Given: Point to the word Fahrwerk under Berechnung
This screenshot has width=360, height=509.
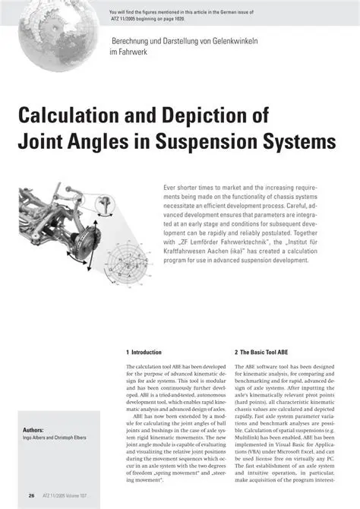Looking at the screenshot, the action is coord(133,52).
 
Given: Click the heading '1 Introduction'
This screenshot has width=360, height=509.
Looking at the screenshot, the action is coord(144,353).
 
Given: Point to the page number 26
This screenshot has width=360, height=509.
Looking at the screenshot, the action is coord(31,495).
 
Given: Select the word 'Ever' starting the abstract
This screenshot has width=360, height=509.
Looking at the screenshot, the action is coord(172,187).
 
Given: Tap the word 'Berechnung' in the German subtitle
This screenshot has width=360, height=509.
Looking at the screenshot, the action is coord(131,40).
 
